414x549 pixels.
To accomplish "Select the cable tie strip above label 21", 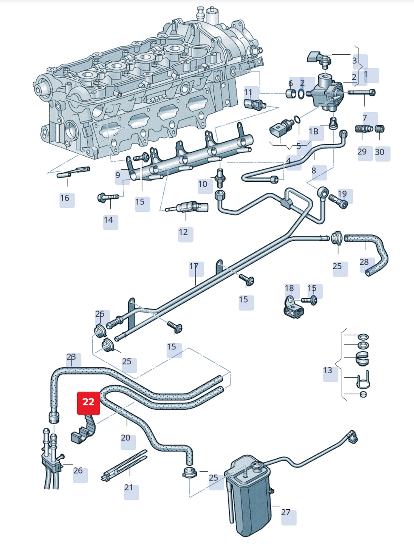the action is (x=124, y=465).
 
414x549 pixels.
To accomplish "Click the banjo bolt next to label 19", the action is (x=338, y=202).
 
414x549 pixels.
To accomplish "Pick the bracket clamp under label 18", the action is (x=294, y=308).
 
